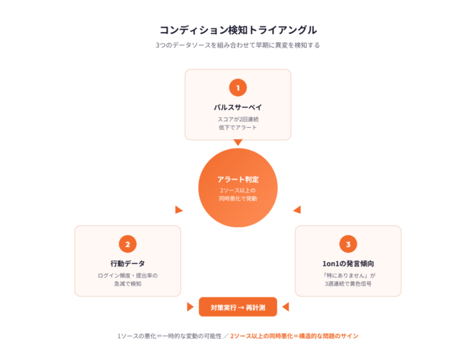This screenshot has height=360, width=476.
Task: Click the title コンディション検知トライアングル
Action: [238, 30]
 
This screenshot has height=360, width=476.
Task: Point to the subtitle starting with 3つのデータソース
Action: [238, 45]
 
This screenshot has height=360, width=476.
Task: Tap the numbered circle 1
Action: [238, 88]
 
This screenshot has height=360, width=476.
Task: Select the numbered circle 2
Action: [128, 244]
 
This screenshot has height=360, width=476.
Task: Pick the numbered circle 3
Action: [348, 244]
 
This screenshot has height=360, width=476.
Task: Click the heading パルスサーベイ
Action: [238, 107]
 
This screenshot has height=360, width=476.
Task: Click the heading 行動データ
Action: [128, 263]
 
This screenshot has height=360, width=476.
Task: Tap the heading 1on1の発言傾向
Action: [348, 263]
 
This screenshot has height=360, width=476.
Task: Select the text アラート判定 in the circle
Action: [238, 179]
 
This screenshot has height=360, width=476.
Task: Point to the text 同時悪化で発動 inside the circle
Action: [238, 199]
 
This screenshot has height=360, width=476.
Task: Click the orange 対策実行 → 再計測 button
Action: [238, 307]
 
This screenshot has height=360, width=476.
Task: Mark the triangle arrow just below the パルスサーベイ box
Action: [238, 143]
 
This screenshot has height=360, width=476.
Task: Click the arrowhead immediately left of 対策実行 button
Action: [190, 307]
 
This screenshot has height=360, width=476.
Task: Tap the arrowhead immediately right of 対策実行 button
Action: [286, 307]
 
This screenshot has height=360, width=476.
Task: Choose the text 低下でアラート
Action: [238, 127]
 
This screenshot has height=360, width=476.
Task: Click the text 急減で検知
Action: [128, 283]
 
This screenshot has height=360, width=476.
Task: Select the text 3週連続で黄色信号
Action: [348, 283]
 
